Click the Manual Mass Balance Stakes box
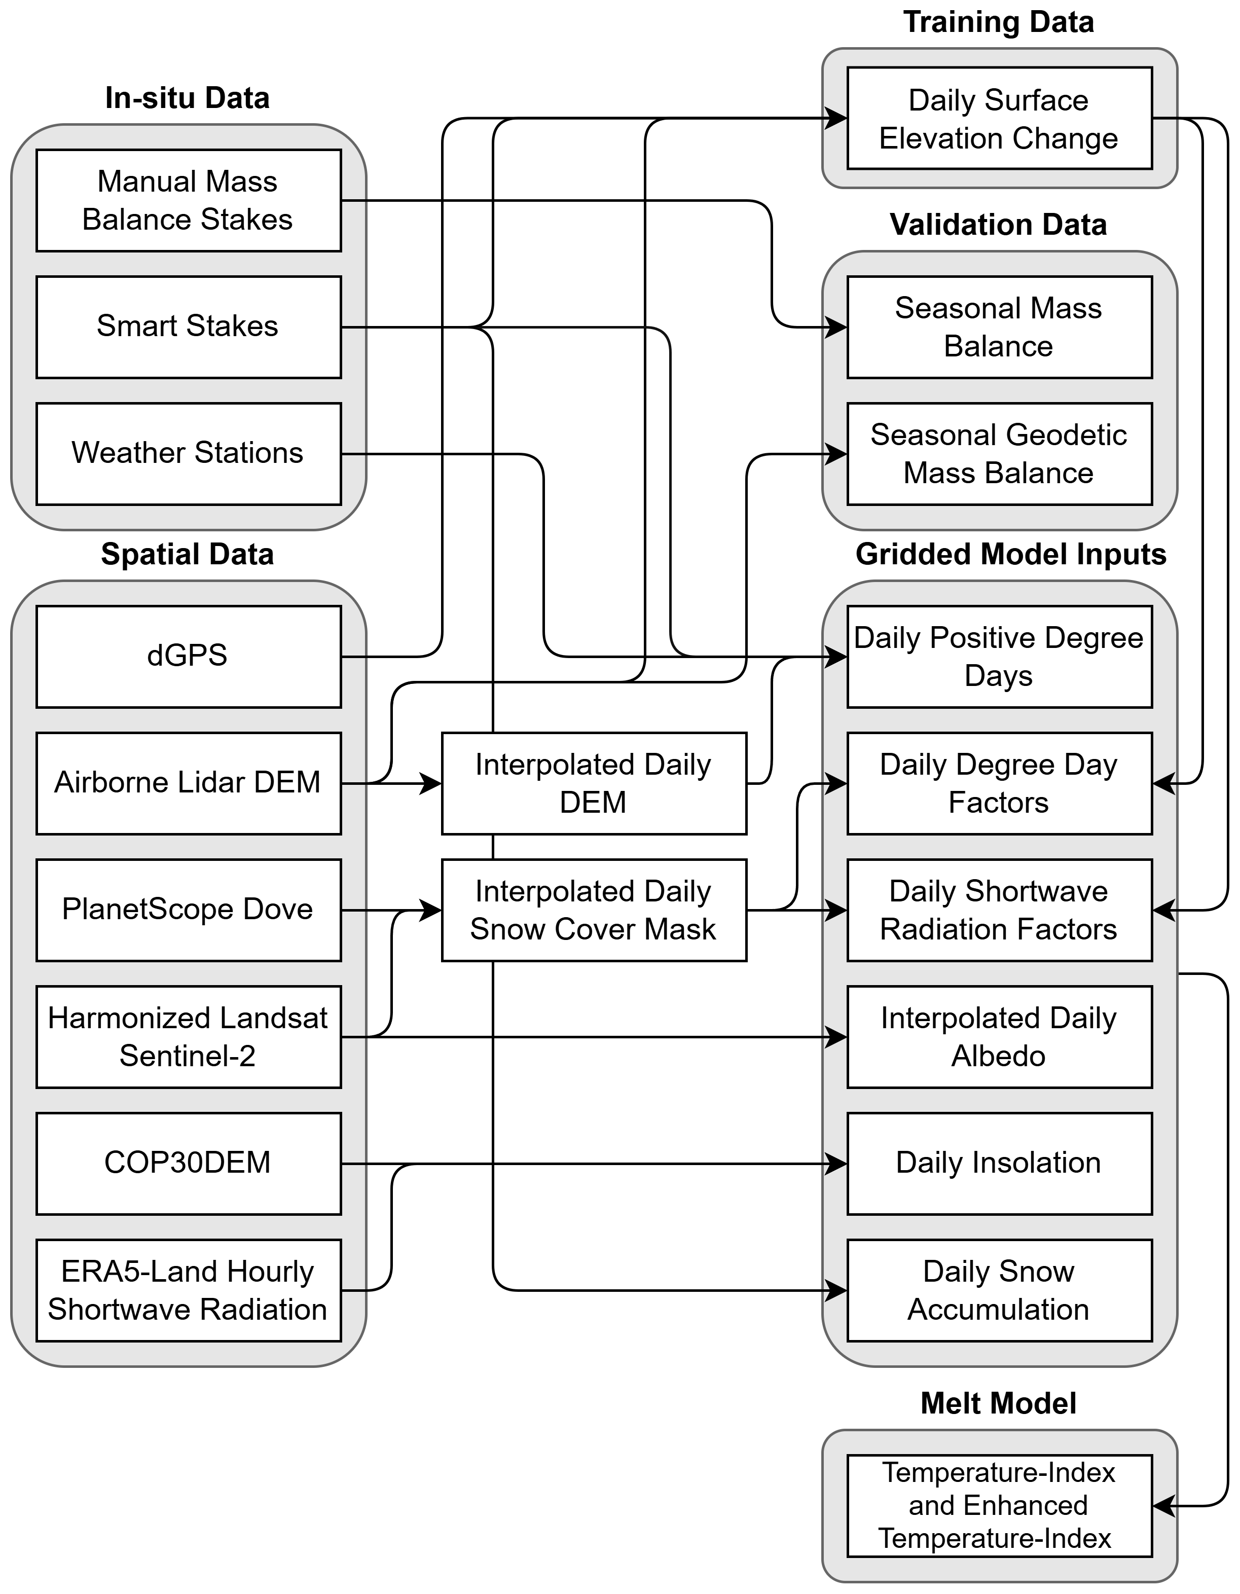click(x=188, y=201)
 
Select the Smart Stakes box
click(x=188, y=327)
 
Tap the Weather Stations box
click(x=188, y=453)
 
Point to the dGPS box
click(x=188, y=656)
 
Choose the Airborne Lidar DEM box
click(x=188, y=783)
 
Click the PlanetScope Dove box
click(x=188, y=910)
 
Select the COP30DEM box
click(x=188, y=1164)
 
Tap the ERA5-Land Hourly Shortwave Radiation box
click(x=188, y=1290)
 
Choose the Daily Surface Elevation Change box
click(x=999, y=118)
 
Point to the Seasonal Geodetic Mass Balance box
click(x=999, y=453)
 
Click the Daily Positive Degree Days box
click(x=999, y=656)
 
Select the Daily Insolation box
click(x=999, y=1164)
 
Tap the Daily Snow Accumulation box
click(x=999, y=1290)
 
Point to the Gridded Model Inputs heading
click(x=1011, y=555)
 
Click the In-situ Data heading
click(x=188, y=98)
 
